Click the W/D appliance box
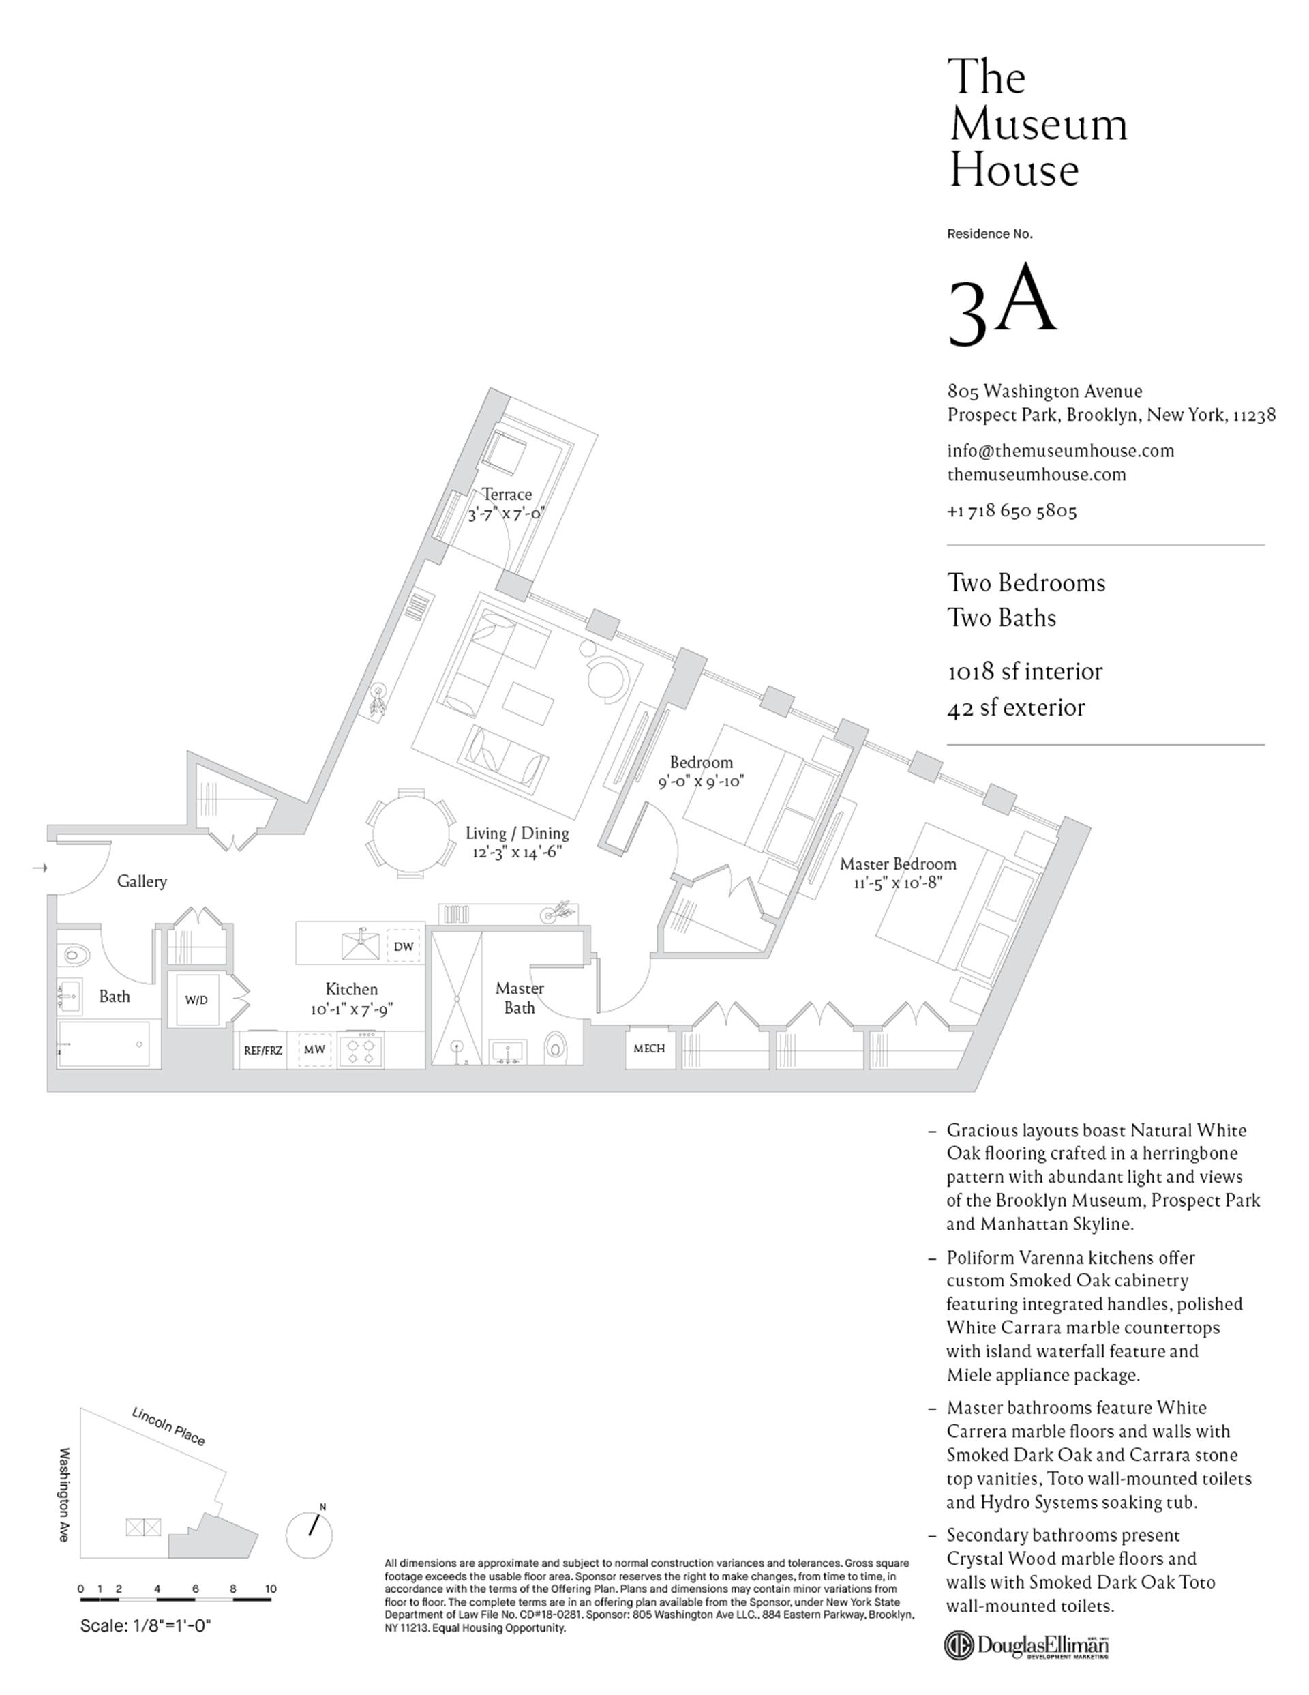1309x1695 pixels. [x=196, y=1000]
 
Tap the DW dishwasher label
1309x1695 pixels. [x=404, y=947]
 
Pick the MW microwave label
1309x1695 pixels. [x=314, y=1050]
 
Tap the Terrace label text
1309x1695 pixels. [x=507, y=495]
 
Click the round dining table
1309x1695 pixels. [x=411, y=834]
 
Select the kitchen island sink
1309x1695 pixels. [x=361, y=944]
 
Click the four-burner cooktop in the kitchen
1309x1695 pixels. [x=361, y=1050]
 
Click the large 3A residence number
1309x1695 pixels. [x=1002, y=304]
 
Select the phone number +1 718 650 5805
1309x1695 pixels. [x=1012, y=512]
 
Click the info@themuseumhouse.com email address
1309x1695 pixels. [x=1060, y=451]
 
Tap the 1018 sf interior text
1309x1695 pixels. [x=1024, y=672]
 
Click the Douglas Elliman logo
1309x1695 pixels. [x=1026, y=1644]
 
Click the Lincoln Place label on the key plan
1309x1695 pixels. [x=168, y=1426]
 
